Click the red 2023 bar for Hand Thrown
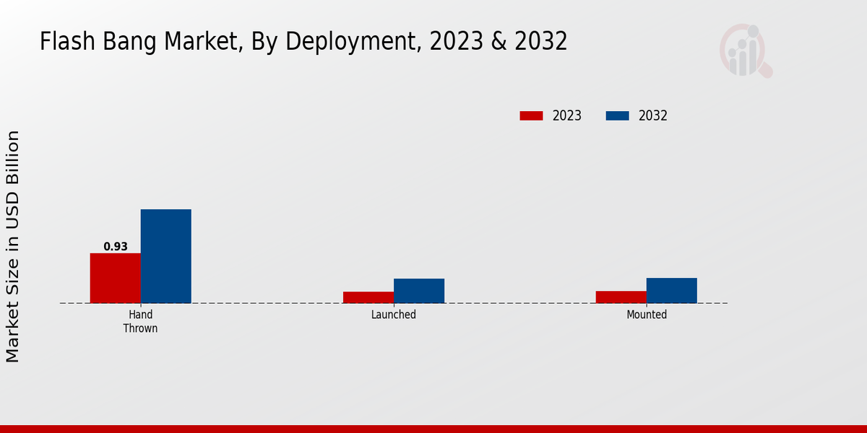[116, 278]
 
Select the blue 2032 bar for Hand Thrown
[166, 256]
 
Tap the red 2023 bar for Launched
[368, 297]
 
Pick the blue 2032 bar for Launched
[419, 291]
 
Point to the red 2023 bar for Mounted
[621, 297]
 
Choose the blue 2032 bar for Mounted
[672, 290]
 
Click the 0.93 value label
[116, 247]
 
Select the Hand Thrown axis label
[140, 321]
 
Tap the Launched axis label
[394, 315]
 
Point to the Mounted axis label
[647, 315]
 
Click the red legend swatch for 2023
[531, 115]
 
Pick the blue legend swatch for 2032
[617, 115]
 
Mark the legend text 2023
[567, 115]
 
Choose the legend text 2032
[653, 115]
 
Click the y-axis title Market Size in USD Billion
[13, 246]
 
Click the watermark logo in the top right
[745, 51]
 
